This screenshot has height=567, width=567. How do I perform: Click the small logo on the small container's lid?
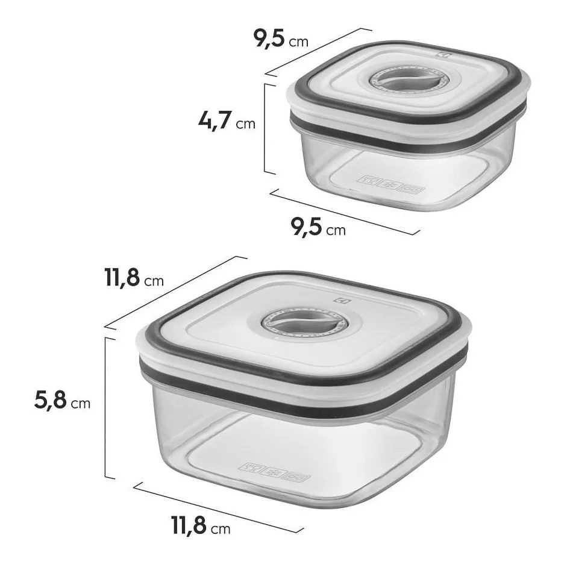pyautogui.click(x=445, y=55)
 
